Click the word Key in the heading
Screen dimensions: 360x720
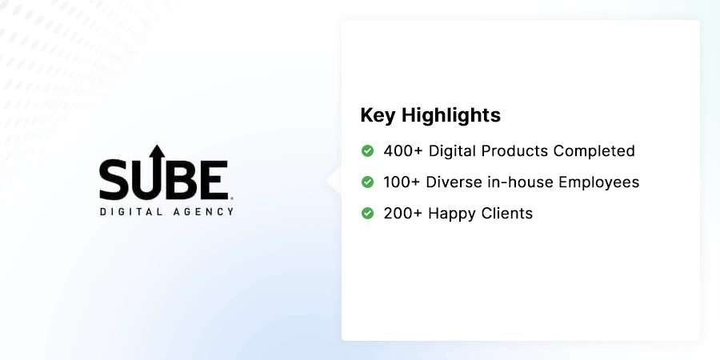click(378, 115)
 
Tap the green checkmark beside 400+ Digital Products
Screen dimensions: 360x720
click(368, 150)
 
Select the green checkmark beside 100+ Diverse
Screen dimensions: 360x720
click(368, 182)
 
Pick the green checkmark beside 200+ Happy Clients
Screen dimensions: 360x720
click(368, 214)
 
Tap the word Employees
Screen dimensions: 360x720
click(599, 182)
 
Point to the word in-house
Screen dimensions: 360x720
click(520, 182)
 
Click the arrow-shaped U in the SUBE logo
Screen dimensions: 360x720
click(157, 172)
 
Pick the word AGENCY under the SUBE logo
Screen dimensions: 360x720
click(206, 212)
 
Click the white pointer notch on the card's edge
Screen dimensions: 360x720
click(334, 181)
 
